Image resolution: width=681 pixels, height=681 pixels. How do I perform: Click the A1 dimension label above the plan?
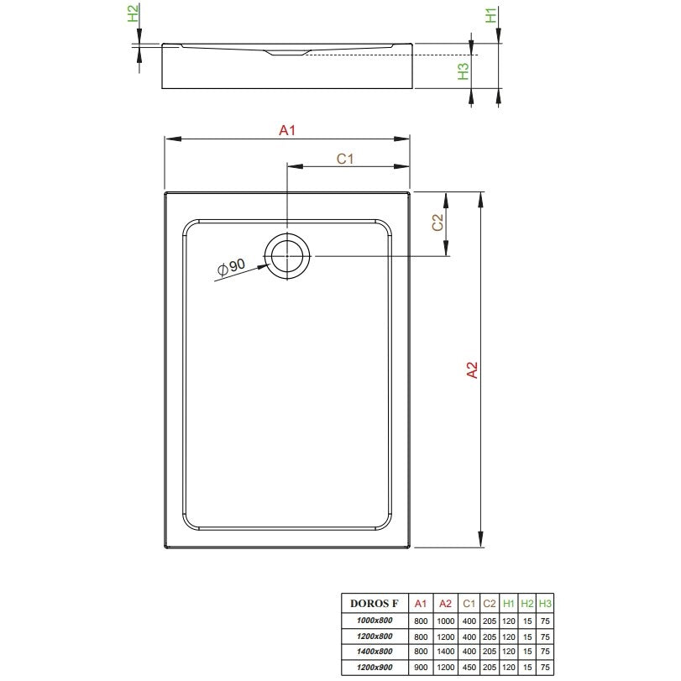click(x=287, y=130)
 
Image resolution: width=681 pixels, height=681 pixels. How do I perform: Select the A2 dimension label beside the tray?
click(x=472, y=370)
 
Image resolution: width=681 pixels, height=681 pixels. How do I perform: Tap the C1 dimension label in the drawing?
click(x=345, y=159)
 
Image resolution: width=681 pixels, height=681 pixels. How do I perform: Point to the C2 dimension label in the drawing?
click(x=437, y=223)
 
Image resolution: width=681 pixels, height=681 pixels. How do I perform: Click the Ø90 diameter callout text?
click(x=232, y=267)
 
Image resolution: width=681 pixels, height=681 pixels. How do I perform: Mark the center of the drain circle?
click(x=287, y=256)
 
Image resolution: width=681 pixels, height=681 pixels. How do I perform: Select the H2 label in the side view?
click(x=133, y=13)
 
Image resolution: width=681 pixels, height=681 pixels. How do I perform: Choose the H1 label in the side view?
click(x=490, y=16)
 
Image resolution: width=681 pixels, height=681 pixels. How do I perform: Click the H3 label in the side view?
click(x=464, y=71)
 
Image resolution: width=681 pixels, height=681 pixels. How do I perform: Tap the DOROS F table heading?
click(x=374, y=603)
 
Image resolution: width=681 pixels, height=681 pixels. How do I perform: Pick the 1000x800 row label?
click(x=375, y=621)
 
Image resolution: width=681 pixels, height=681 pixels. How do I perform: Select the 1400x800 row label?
click(x=375, y=652)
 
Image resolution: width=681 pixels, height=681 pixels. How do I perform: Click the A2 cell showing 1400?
click(x=446, y=652)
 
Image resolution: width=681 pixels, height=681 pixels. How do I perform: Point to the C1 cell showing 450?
click(x=469, y=667)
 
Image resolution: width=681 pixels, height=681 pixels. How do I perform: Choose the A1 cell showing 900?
click(x=421, y=667)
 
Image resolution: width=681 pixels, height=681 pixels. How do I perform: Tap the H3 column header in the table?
click(x=545, y=603)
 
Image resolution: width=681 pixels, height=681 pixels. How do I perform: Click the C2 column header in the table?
click(x=489, y=603)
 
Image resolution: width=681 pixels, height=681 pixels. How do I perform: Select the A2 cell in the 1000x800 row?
click(x=446, y=621)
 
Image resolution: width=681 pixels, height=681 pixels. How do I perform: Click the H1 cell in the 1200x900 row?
click(x=509, y=667)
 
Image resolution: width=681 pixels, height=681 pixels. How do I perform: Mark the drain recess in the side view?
click(x=287, y=53)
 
